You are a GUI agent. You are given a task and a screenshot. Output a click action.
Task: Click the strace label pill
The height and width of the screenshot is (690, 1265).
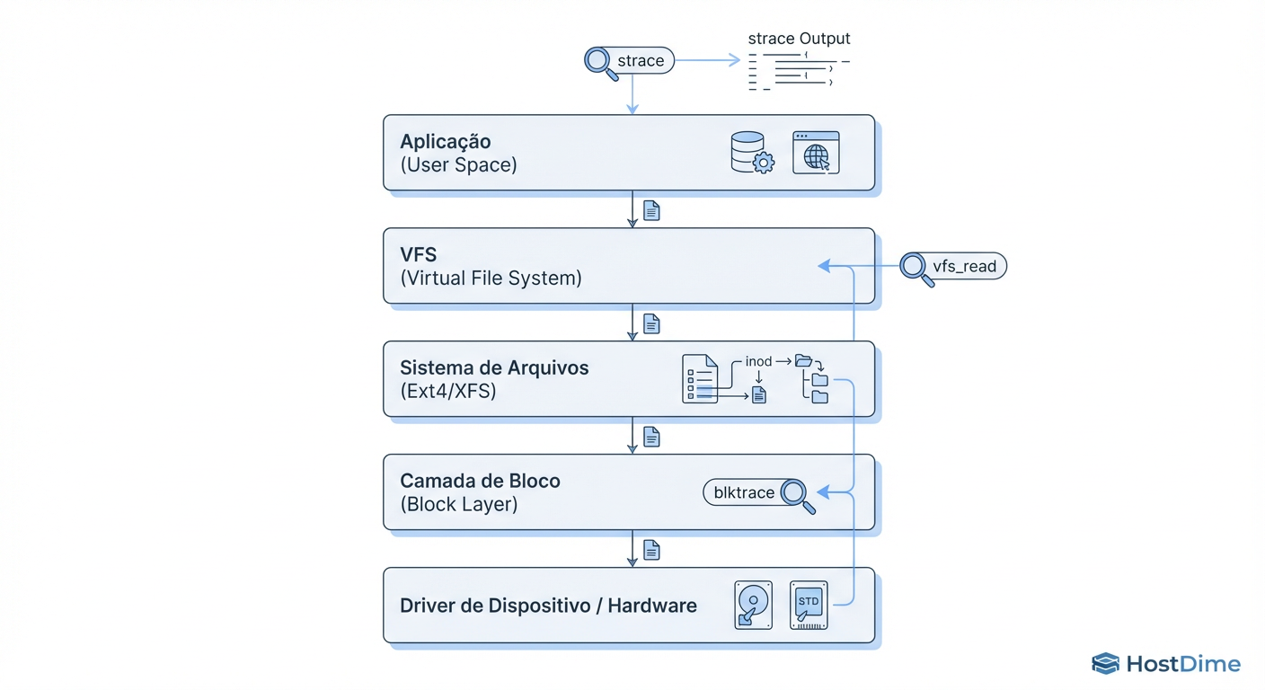[x=641, y=61]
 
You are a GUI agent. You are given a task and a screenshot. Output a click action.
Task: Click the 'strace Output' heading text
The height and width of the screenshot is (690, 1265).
[x=799, y=39]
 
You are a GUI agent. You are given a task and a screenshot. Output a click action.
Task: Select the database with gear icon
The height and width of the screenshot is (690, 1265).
[x=751, y=153]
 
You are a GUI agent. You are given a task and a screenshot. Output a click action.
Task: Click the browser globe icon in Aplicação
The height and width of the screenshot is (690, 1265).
[x=816, y=153]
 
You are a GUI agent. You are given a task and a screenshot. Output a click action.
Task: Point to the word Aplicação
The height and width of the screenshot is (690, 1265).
[x=446, y=142]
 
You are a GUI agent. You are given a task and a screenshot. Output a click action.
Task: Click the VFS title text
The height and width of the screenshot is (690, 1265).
[x=419, y=255]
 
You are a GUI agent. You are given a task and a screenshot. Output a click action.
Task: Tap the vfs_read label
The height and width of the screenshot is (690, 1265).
[x=965, y=267]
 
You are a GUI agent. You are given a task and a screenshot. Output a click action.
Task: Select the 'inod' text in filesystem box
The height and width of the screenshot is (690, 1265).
[x=758, y=361]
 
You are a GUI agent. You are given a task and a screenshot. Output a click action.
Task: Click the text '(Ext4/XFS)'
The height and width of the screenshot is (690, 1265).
[x=448, y=392]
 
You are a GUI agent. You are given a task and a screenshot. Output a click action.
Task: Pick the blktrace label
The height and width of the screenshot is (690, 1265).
[x=744, y=492]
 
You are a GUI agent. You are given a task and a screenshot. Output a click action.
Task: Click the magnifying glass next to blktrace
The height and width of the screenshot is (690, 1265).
[x=797, y=495]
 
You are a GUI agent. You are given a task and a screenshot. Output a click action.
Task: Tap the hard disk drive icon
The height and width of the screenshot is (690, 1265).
[x=753, y=604]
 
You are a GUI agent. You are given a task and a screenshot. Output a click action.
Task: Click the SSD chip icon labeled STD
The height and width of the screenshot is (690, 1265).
[x=809, y=604]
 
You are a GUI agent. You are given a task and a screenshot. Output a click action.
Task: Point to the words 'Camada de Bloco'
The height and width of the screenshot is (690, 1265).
[x=480, y=482]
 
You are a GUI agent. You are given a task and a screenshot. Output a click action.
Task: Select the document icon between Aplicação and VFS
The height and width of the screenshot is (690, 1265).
[x=652, y=210]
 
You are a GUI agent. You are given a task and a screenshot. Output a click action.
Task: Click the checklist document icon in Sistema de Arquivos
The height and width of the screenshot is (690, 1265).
[x=700, y=378]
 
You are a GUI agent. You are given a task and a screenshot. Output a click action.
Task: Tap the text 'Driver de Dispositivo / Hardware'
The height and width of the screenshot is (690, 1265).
[x=548, y=606]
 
